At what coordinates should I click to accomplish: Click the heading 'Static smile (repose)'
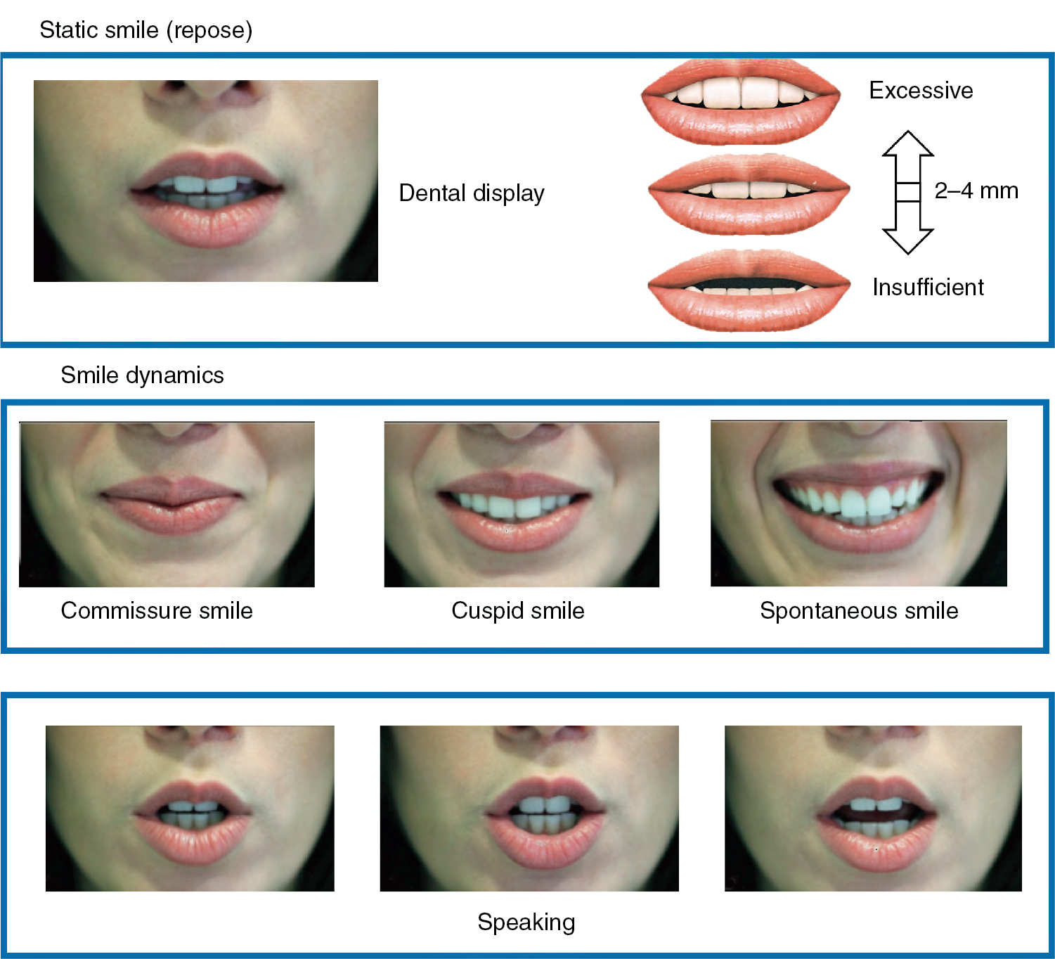click(145, 30)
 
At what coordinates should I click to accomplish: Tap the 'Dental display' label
click(472, 193)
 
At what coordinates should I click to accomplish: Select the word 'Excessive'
click(921, 91)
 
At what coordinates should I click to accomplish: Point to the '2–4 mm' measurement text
click(976, 191)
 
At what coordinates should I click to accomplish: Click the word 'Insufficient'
click(928, 288)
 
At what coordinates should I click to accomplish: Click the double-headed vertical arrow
click(907, 192)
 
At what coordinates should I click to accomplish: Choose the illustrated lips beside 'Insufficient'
click(749, 290)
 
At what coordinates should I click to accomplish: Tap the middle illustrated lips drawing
click(749, 193)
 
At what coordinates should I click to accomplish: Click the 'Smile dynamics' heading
click(142, 375)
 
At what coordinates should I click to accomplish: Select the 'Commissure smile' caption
click(157, 610)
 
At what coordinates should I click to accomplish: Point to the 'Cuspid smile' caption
click(518, 610)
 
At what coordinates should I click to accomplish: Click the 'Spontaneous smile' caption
click(859, 610)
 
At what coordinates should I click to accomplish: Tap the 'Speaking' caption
click(526, 922)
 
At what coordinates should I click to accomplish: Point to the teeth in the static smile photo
click(204, 186)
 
